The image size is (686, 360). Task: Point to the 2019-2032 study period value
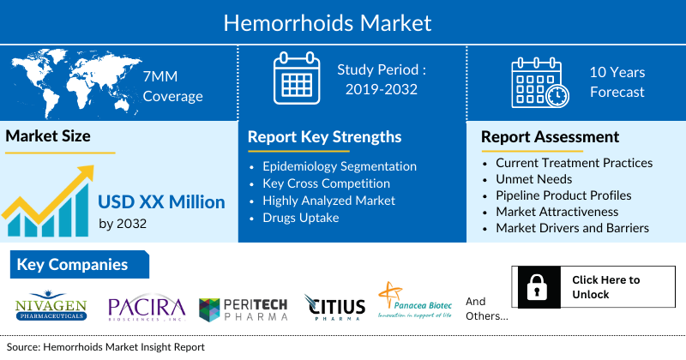[x=381, y=88]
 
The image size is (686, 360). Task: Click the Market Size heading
[x=48, y=135]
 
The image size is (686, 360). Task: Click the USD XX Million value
[x=161, y=202]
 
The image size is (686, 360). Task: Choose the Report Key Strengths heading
[x=324, y=136]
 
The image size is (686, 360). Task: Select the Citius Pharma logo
[x=334, y=307]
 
